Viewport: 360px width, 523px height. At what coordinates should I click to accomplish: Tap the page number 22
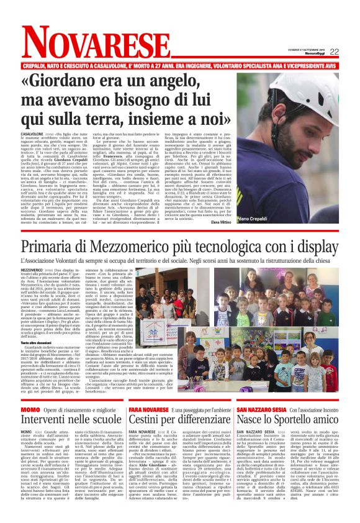(351, 52)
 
